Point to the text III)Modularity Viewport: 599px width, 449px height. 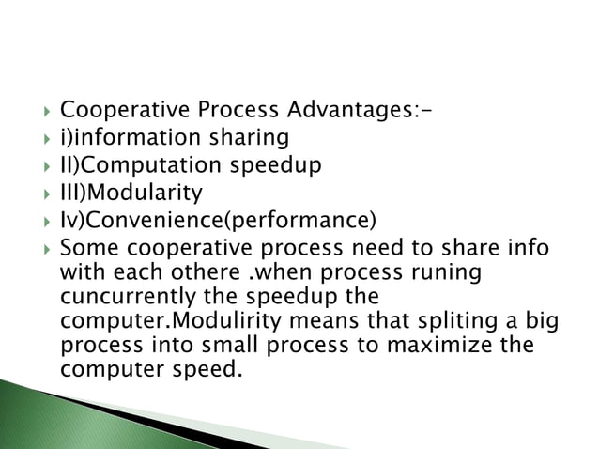pyautogui.click(x=131, y=194)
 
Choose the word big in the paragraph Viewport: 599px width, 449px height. pyautogui.click(x=543, y=320)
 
